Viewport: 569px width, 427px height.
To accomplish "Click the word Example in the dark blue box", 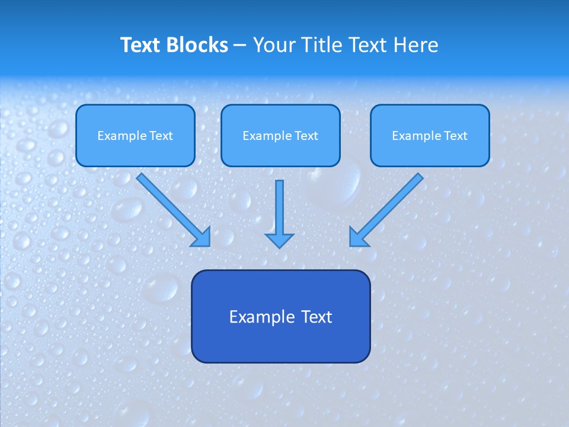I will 262,317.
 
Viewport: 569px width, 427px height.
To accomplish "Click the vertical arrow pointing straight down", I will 280,213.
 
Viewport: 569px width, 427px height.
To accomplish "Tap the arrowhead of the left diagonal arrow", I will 203,238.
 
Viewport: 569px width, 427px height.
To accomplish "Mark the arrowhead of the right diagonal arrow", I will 357,238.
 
